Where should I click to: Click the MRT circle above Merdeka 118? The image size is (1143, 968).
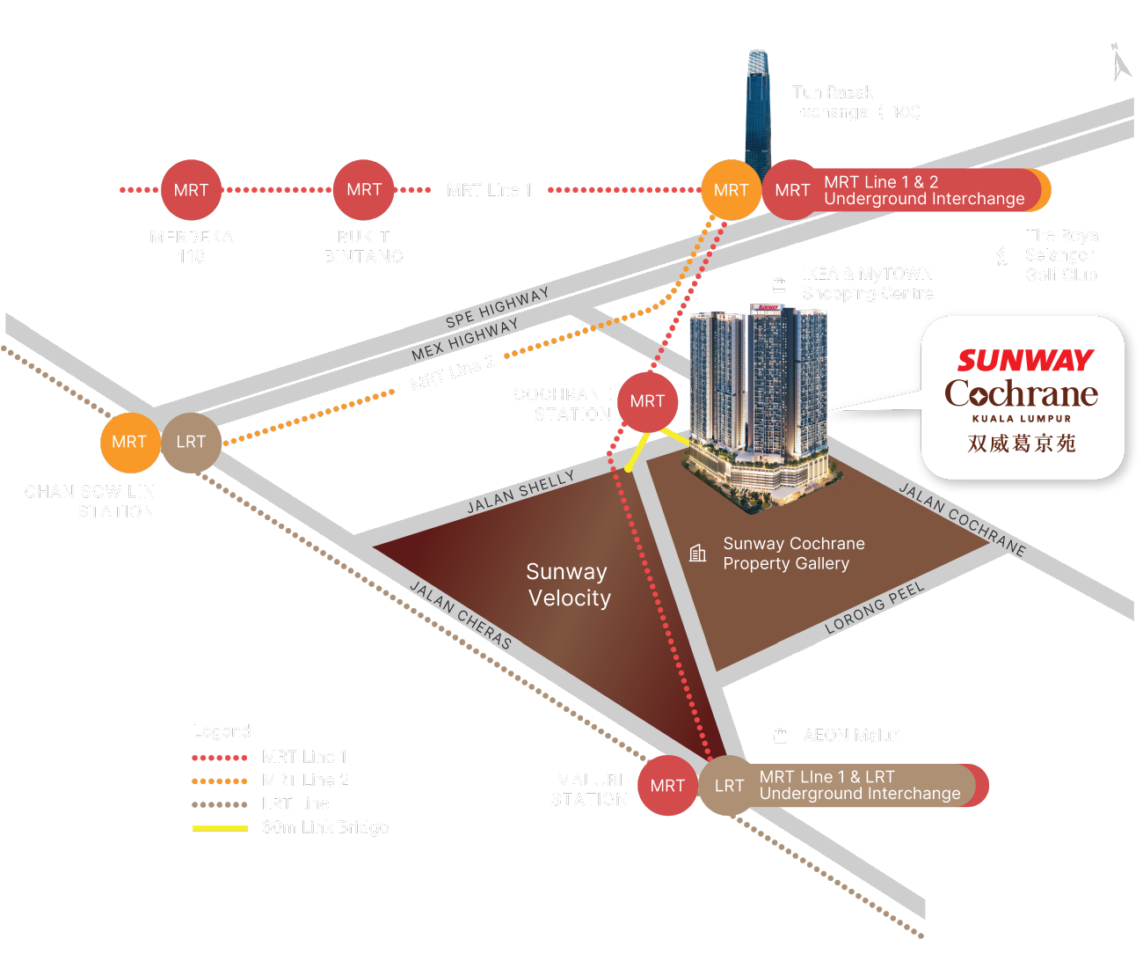pos(191,190)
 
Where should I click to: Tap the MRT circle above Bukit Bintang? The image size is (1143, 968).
pos(363,190)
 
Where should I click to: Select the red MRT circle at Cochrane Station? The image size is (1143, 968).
pos(647,401)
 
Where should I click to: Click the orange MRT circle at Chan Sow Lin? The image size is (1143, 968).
pos(129,442)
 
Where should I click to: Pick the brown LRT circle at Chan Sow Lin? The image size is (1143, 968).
pos(190,442)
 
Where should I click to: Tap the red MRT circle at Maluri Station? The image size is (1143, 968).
pos(667,786)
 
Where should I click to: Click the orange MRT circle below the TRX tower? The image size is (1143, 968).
pos(731,190)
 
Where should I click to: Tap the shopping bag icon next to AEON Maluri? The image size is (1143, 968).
pos(780,736)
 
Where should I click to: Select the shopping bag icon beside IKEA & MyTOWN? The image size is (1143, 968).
pos(779,284)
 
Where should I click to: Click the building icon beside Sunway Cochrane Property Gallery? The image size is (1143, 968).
pos(698,553)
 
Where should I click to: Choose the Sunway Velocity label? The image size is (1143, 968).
pos(568,585)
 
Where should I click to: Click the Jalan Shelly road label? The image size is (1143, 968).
pos(520,492)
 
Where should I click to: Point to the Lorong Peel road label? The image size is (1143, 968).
pos(874,608)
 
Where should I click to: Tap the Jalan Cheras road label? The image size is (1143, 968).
pos(461,615)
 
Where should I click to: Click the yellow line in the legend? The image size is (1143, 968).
pos(220,828)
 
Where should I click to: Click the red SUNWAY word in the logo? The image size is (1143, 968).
pos(1024,361)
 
